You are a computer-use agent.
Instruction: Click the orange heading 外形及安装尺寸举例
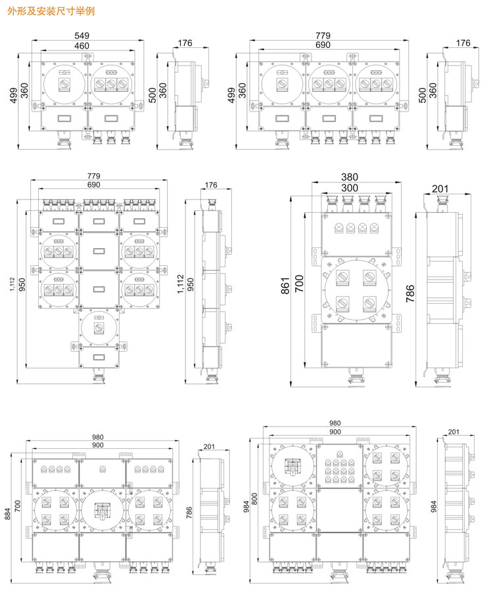[x=51, y=11]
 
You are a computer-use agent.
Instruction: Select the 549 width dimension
[x=82, y=35]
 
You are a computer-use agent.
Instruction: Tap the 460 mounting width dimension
[x=82, y=45]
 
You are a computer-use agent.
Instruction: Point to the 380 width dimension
[x=350, y=177]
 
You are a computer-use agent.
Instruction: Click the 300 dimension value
[x=350, y=188]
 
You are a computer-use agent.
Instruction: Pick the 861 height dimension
[x=285, y=285]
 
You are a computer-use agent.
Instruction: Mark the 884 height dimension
[x=8, y=513]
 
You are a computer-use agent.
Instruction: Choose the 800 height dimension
[x=254, y=499]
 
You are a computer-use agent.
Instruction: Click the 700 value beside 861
[x=299, y=283]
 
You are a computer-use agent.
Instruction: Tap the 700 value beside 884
[x=18, y=506]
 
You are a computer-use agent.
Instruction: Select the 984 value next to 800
[x=246, y=507]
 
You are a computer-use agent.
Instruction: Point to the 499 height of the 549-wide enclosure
[x=14, y=95]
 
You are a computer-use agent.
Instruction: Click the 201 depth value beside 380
[x=440, y=188]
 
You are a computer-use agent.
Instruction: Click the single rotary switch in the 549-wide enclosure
[x=64, y=85]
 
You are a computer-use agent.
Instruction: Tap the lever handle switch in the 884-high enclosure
[x=103, y=511]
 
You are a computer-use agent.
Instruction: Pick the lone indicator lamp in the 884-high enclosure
[x=103, y=469]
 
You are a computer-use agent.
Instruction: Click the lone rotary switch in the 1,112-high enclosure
[x=99, y=328]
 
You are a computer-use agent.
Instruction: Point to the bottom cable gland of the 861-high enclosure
[x=357, y=378]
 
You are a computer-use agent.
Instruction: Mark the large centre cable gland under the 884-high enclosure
[x=103, y=574]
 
